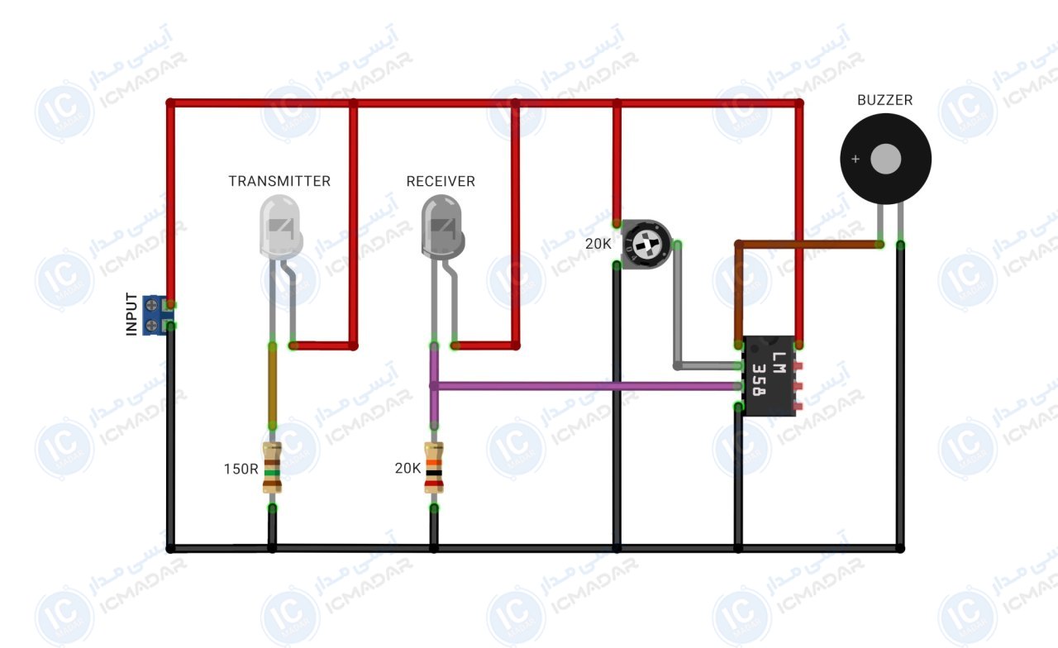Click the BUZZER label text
(x=884, y=100)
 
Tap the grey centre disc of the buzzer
(x=885, y=159)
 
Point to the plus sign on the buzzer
(x=855, y=160)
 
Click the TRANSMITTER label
(x=279, y=181)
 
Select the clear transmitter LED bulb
(x=280, y=227)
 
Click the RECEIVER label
(x=441, y=181)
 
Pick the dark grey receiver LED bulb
(x=442, y=227)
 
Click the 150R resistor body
(x=272, y=468)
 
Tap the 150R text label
(x=241, y=469)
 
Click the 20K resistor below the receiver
(x=434, y=468)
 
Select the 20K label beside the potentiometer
(x=598, y=244)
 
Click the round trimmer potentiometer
(x=646, y=244)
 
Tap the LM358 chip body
(x=770, y=376)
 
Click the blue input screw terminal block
(x=155, y=315)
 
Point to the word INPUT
(x=131, y=314)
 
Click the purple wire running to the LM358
(x=586, y=386)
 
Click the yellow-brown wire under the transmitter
(x=273, y=386)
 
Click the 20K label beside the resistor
(x=407, y=468)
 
